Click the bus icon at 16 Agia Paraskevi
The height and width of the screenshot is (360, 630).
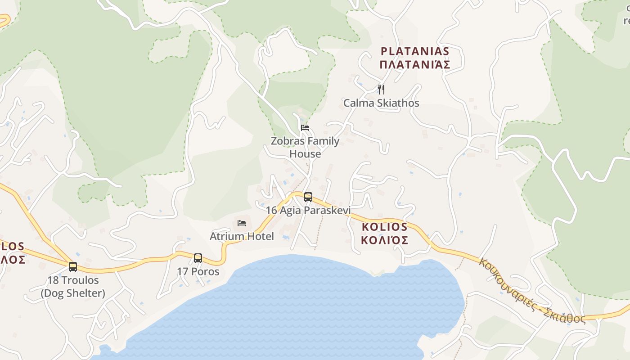[308, 197]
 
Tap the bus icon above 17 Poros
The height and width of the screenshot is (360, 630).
[198, 258]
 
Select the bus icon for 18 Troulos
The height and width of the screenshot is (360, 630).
[73, 266]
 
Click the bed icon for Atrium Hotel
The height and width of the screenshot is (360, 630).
[242, 223]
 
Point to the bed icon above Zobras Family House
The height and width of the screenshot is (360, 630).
[305, 128]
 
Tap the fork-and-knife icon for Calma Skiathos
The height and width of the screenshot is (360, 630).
[381, 89]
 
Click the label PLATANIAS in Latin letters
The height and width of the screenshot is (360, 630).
[415, 51]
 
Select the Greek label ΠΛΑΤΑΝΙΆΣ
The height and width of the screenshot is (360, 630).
[415, 65]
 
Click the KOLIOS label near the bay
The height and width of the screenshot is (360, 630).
[385, 227]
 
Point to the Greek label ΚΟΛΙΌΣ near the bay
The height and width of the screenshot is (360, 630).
[385, 240]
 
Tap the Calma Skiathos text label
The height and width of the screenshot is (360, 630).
[381, 103]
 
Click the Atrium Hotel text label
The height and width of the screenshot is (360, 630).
[242, 236]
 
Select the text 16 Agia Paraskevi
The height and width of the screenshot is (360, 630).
[308, 210]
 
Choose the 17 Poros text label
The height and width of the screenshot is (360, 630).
[198, 272]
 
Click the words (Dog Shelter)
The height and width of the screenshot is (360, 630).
[73, 293]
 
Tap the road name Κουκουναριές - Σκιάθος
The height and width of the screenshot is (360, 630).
[531, 292]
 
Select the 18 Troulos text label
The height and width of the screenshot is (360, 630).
[73, 280]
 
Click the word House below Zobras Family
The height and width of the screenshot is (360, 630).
[305, 154]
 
